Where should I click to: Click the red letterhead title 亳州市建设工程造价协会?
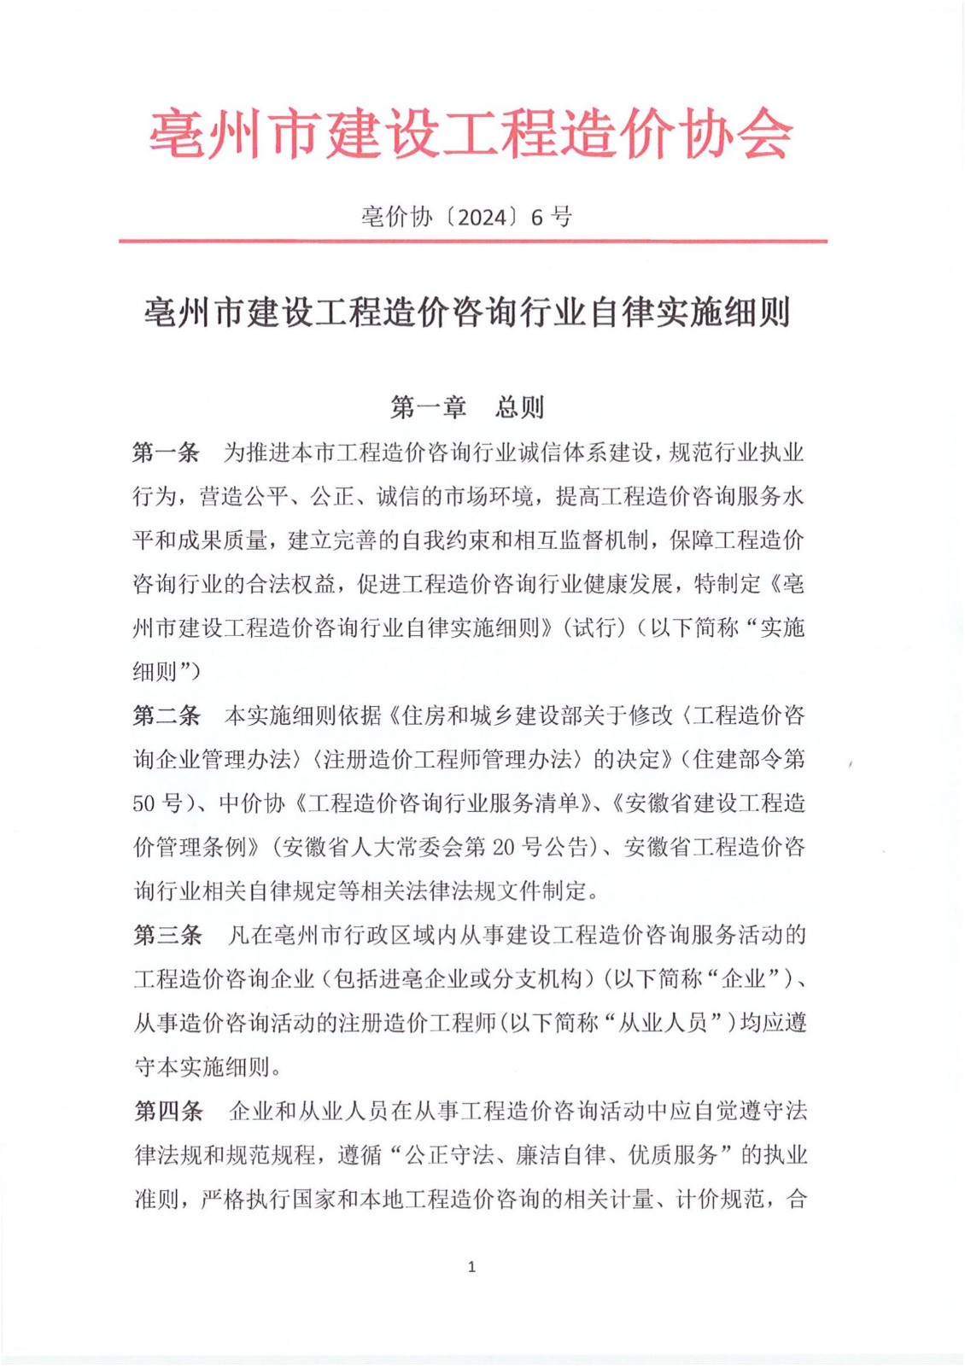(x=471, y=134)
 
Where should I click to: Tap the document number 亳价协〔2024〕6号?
(x=466, y=217)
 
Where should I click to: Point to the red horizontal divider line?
(x=472, y=242)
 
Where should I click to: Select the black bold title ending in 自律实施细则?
(x=466, y=312)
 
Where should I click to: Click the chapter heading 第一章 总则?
(x=466, y=407)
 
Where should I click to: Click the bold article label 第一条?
(x=166, y=452)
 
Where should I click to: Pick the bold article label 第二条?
(x=166, y=715)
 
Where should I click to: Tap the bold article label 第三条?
(x=167, y=935)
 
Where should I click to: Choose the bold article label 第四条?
(x=168, y=1111)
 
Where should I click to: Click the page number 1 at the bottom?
(x=471, y=1267)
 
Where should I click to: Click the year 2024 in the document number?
(x=482, y=217)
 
